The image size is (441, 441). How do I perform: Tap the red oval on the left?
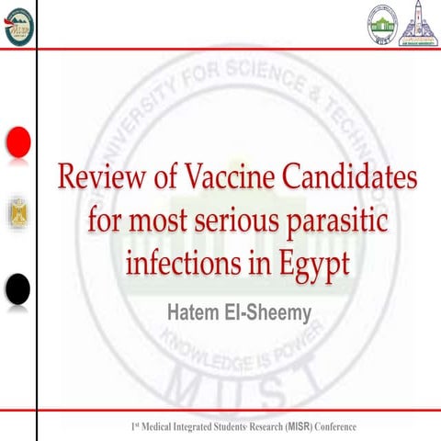[17, 141]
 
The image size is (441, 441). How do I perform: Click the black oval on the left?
[17, 289]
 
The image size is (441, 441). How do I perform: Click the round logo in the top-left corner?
[17, 22]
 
